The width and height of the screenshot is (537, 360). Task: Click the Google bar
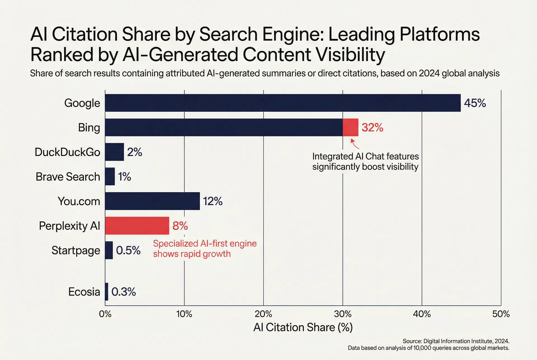tap(282, 103)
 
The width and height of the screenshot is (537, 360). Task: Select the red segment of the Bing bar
tap(350, 127)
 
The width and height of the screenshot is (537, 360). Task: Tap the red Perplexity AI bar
tap(137, 226)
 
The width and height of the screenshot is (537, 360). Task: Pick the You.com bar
tap(152, 201)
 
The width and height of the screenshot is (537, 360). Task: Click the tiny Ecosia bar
tap(107, 292)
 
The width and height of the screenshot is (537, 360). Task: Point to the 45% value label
tap(475, 103)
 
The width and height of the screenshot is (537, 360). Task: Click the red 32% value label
tap(372, 127)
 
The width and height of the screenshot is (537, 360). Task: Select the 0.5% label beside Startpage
tap(128, 250)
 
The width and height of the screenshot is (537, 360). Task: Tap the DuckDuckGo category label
tap(67, 152)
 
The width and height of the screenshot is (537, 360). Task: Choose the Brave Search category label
tap(68, 177)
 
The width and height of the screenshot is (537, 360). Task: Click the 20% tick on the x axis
tap(263, 314)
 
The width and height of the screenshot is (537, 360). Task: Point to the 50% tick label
tap(501, 314)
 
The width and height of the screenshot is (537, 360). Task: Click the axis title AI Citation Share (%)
tap(303, 327)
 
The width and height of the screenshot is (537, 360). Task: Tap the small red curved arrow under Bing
tap(354, 144)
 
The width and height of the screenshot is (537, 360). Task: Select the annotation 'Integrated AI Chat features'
tap(365, 156)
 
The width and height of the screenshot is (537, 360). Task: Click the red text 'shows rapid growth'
tap(192, 254)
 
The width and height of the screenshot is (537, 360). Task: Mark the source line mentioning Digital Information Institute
tap(456, 341)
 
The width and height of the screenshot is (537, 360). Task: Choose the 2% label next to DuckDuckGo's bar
tap(135, 152)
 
